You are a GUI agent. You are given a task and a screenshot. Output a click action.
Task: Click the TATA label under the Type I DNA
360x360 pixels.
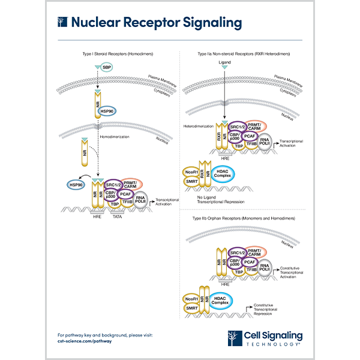pyautogui.click(x=119, y=216)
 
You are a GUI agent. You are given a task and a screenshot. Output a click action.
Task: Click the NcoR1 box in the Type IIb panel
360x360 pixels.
pyautogui.click(x=192, y=298)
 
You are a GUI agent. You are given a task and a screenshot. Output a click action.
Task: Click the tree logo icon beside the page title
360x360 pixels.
pyautogui.click(x=61, y=23)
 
